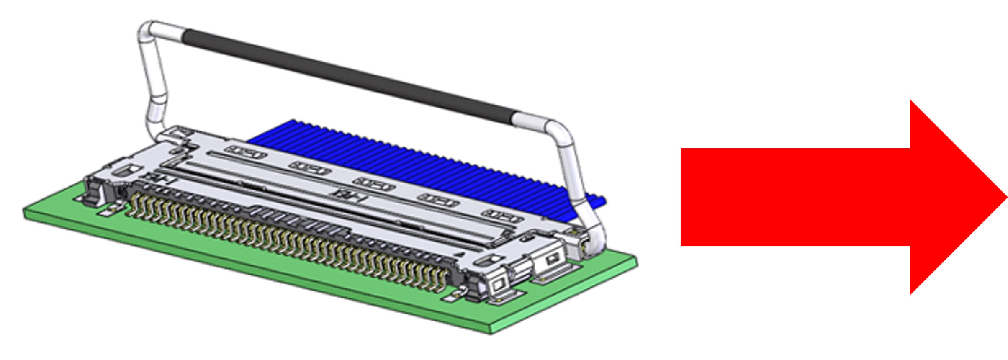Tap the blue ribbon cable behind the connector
pos(377,155)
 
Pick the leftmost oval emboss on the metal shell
pos(246,152)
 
